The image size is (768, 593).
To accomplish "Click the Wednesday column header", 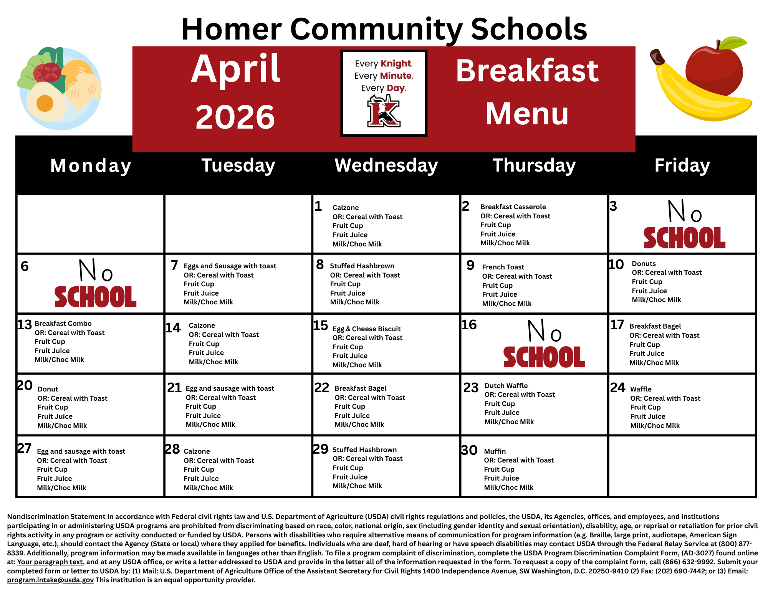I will coord(386,165).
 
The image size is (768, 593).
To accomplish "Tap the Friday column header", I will coord(682,165).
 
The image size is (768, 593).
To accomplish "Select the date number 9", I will coord(470,265).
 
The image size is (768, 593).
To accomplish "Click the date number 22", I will coord(322,388).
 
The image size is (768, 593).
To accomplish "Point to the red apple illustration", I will coord(714,69).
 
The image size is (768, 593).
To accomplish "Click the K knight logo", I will coord(384,111).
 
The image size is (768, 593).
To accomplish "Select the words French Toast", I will coord(503,267).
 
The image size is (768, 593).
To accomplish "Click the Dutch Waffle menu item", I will coord(506,386).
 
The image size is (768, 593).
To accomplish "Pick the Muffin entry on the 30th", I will coord(495,451).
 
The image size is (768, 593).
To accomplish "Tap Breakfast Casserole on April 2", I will coord(513,207).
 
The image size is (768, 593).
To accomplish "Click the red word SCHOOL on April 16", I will coord(544,357).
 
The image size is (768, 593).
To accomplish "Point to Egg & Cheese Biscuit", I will coord(366,329).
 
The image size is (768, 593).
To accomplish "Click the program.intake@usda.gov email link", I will coord(50,580).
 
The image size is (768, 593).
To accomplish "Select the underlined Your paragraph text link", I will coord(50,562).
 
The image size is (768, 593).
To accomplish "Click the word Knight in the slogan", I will coord(396,64).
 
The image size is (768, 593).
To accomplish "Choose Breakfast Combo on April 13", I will coord(63,324).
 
